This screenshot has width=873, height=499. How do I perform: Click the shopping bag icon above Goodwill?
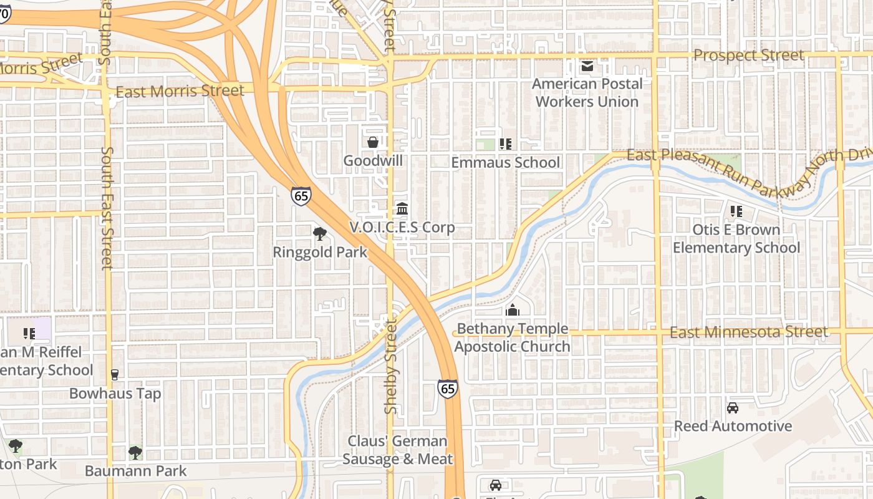pos(373,142)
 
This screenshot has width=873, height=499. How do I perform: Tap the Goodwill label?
pos(373,161)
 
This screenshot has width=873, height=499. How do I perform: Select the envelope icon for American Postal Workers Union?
pos(587,65)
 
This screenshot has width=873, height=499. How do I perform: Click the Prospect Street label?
pos(748,56)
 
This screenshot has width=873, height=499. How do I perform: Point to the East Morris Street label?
pos(180,91)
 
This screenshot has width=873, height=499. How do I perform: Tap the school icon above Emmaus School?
pos(506,144)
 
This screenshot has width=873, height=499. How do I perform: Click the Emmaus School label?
pos(506,163)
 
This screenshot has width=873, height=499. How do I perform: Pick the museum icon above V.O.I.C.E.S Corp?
pos(402,208)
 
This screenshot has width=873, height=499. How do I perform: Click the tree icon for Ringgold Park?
pos(320,234)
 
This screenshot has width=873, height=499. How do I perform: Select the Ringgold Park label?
pos(320,253)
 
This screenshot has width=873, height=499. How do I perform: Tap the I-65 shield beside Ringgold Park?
pos(301,196)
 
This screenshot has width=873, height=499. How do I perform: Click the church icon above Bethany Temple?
pos(512,310)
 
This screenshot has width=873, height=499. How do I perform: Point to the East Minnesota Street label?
pos(748,332)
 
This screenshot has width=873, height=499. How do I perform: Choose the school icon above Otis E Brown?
pos(736,211)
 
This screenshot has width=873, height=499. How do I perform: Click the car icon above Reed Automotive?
pos(733,408)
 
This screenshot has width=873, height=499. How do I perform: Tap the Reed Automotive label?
pos(733,427)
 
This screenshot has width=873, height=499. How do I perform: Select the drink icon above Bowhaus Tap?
pos(115,375)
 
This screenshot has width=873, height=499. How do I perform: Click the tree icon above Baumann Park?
pos(135,452)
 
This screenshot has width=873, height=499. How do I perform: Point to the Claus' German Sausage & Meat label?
pos(397,450)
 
